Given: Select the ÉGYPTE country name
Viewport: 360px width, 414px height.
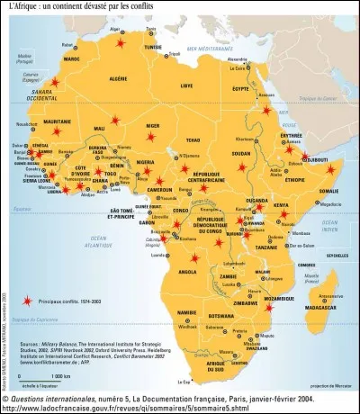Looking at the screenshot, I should [240, 89].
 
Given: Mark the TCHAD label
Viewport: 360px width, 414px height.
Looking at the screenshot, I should [191, 139].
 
